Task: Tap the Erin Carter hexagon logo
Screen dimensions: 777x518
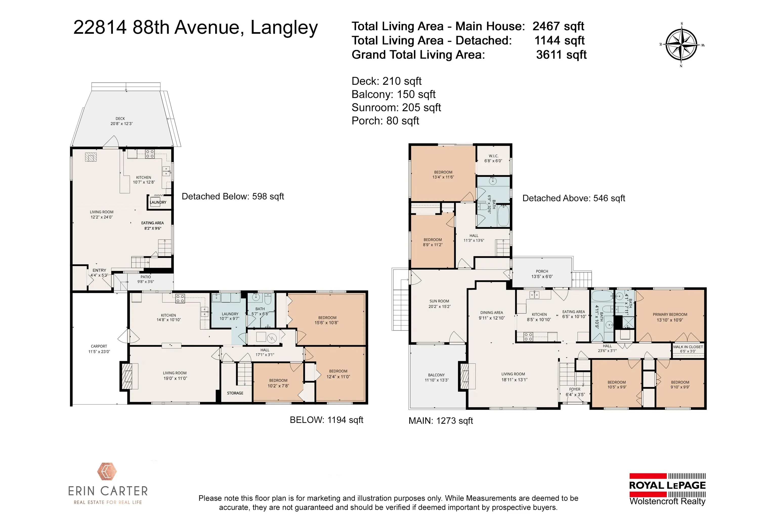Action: coord(107,471)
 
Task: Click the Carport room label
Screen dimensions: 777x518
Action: coord(99,349)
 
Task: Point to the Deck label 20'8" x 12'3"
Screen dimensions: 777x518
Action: coord(121,121)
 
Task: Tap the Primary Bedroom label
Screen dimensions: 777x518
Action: coord(670,317)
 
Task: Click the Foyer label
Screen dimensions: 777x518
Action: coord(575,392)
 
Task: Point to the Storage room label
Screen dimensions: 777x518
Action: coord(235,393)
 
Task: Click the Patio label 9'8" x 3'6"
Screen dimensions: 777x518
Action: coord(146,279)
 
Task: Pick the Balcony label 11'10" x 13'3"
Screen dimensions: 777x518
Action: coord(436,377)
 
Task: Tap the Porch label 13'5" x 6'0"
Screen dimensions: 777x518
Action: coord(542,274)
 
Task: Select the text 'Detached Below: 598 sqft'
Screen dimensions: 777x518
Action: coord(233,197)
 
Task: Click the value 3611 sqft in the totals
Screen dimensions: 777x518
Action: coord(561,54)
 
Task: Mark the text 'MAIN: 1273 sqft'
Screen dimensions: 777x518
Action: coord(441,421)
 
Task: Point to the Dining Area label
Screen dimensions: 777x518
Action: coord(492,315)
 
